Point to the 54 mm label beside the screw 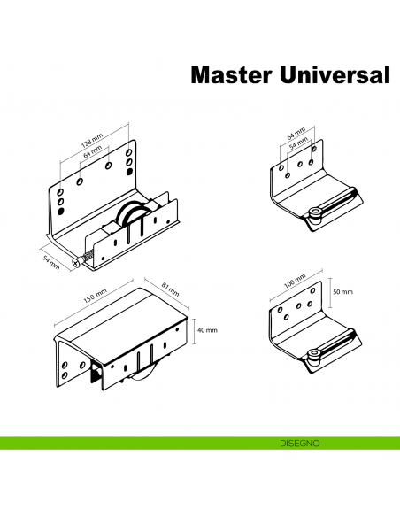coord(50,263)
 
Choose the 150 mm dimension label coord(94,297)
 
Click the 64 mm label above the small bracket coord(296,134)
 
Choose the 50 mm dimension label coord(342,291)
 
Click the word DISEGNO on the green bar coord(292,442)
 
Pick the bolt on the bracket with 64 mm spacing coord(315,212)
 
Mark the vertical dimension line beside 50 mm coord(326,291)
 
